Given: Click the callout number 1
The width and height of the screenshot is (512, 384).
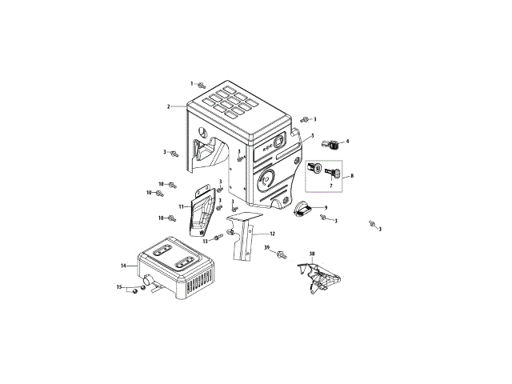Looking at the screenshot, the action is tap(192, 83).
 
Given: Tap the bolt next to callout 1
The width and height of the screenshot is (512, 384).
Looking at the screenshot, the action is tap(202, 85).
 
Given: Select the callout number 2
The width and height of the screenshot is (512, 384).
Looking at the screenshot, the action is tap(169, 106).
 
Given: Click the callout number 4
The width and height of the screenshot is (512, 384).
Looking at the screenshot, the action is tap(347, 142).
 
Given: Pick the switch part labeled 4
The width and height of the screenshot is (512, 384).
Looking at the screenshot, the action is tap(328, 144).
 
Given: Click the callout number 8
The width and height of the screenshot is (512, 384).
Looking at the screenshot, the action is tap(351, 174).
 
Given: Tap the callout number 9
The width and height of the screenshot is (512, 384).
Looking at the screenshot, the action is tap(326, 208).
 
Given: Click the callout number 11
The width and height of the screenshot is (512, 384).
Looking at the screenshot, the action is tap(182, 206).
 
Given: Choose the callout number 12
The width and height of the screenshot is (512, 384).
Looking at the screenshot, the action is tap(273, 234).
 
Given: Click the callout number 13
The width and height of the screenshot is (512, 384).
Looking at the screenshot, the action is tap(205, 241).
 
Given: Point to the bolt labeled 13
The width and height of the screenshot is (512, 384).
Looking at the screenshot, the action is tap(218, 238).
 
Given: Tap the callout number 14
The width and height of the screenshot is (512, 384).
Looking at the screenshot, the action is tap(124, 265).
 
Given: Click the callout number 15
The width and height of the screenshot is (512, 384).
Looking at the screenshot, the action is tap(119, 287).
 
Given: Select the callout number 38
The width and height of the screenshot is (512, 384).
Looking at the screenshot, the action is tap(312, 254).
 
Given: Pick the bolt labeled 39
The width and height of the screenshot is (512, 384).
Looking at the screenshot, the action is tap(282, 254).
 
